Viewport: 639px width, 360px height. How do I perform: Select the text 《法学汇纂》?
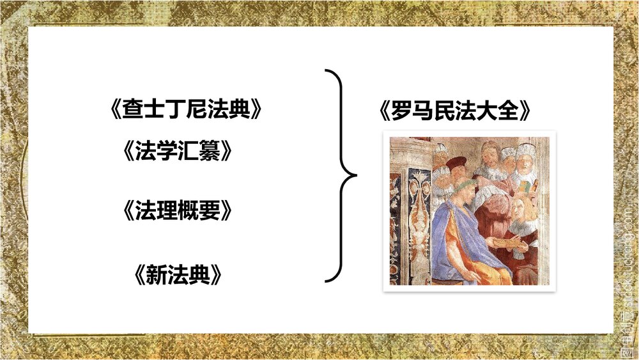click(x=176, y=152)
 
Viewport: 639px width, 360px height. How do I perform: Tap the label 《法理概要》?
click(x=176, y=211)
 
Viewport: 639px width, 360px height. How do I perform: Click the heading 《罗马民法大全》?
click(x=454, y=113)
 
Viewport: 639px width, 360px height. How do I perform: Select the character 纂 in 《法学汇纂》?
click(x=212, y=152)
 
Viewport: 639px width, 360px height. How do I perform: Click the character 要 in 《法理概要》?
click(x=212, y=211)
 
